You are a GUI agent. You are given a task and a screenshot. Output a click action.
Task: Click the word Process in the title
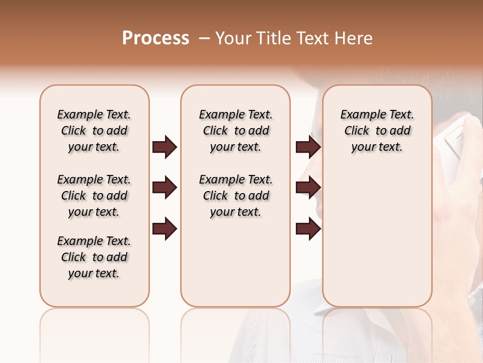point(155,38)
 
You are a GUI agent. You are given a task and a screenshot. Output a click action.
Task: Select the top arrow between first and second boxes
point(165,147)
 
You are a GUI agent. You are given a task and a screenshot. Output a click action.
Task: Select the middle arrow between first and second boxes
point(165,188)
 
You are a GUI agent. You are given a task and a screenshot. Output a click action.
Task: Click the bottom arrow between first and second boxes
point(165,229)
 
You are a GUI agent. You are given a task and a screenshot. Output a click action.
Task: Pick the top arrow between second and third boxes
point(308,147)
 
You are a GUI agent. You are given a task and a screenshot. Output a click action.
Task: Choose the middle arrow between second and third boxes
point(308,188)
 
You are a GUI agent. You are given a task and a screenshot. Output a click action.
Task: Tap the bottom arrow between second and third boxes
point(308,229)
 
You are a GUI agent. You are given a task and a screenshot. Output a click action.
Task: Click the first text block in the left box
point(94,131)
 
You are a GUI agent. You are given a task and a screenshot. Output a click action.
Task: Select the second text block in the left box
point(94,196)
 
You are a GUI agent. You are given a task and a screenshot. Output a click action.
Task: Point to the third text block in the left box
point(94,257)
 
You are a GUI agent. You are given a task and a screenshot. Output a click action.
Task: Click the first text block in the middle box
point(235,131)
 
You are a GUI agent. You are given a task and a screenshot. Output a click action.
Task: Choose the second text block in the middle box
point(235,196)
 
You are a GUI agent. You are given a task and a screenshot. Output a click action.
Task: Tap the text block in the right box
point(377,131)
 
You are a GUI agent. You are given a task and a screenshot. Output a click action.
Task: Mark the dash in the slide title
point(204,38)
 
